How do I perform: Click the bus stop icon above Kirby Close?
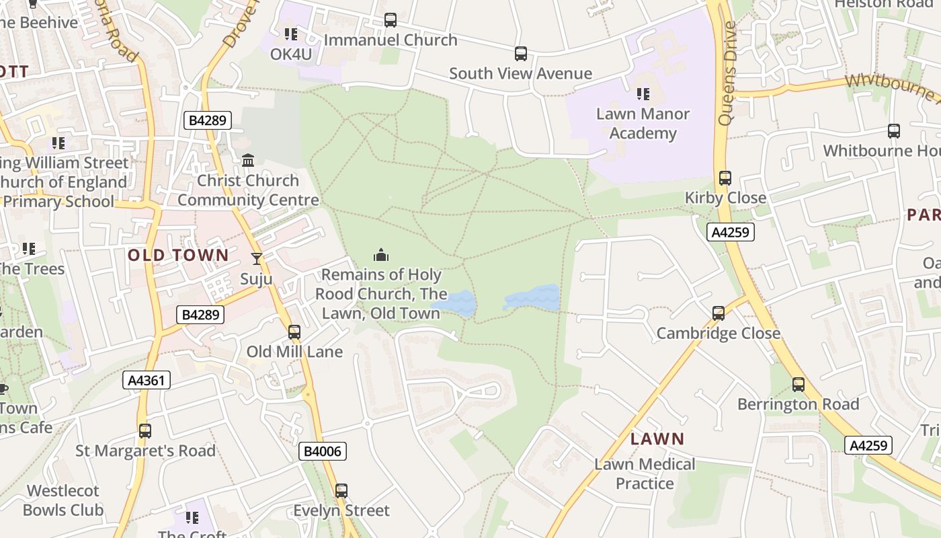coord(725,178)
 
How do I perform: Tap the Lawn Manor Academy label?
coord(643,123)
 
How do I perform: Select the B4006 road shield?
coord(323,451)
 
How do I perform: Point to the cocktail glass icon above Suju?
coord(256,259)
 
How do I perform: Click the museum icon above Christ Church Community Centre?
coord(248,161)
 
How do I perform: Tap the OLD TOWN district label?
coord(178,255)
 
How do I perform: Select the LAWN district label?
coord(657,439)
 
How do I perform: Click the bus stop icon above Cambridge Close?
coord(718,313)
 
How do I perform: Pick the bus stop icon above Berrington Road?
coord(798,385)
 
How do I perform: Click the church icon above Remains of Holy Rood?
coord(381,255)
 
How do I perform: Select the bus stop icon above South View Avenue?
coord(520,54)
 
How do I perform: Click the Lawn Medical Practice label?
coord(645,473)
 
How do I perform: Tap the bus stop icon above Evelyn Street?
coord(341,491)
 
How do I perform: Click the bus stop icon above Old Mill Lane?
coord(294,332)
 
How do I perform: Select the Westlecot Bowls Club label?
coord(63,500)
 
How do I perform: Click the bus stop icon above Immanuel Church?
coord(390,20)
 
